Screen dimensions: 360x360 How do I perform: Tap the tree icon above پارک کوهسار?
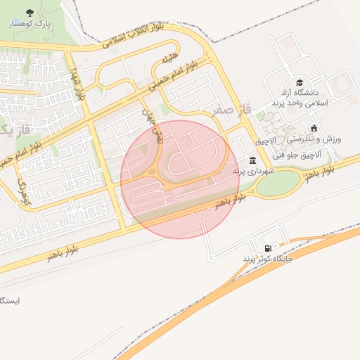tap(29, 13)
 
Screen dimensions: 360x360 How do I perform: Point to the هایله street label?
tap(171, 60)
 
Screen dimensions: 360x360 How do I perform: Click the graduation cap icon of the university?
tap(300, 82)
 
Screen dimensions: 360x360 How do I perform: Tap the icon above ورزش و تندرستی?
tap(314, 129)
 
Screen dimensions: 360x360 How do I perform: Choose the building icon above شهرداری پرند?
tap(252, 160)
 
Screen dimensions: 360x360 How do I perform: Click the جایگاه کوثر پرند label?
tap(268, 259)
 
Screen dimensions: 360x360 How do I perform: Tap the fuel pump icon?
tap(268, 248)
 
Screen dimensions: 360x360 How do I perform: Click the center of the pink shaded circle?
tap(180, 179)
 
